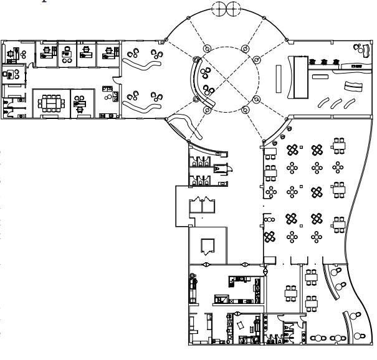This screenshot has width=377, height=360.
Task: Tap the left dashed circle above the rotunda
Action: pyautogui.click(x=220, y=9)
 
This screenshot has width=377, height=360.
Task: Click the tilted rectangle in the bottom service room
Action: pyautogui.click(x=240, y=325)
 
